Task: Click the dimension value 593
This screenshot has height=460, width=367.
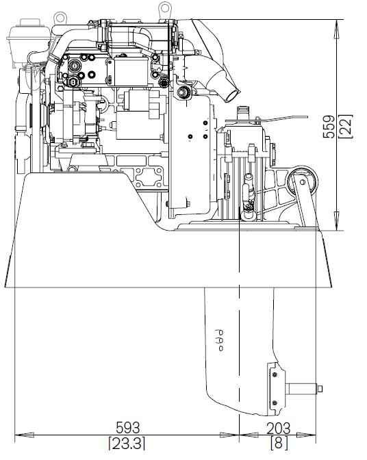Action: coord(128,428)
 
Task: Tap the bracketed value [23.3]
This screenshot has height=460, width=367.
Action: coord(127,443)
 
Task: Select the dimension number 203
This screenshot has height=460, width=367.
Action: coord(278,429)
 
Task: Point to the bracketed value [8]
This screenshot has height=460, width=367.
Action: coord(279,443)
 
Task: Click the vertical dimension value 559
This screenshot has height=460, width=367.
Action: coord(329,127)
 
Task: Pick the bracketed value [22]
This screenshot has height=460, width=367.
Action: coord(345,126)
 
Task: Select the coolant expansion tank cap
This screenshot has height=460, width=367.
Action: coord(29,23)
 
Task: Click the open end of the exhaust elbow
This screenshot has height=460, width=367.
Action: coord(233,96)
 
